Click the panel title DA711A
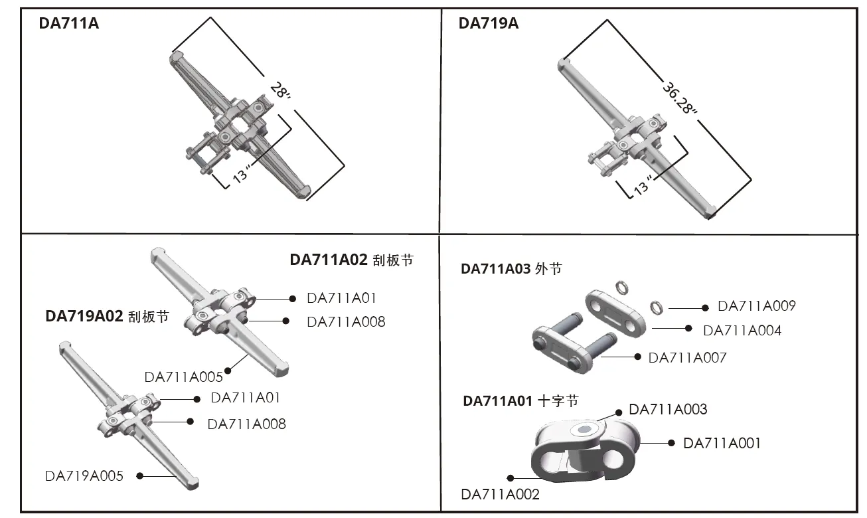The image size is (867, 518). pos(69,24)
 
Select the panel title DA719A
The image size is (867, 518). pos(489,24)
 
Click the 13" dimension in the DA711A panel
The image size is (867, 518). pos(240,173)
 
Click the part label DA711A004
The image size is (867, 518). pos(742,331)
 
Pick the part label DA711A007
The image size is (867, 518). pos(687,358)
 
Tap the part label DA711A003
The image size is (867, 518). pos(668,409)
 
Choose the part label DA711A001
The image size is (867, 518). pos(722,443)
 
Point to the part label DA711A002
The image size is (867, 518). pos(500,494)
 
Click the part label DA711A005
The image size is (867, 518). pos(183,377)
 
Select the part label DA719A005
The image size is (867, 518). pos(84,475)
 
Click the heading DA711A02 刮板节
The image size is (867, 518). pos(351,260)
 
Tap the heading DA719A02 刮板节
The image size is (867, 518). pos(107,316)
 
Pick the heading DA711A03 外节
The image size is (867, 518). pos(511,269)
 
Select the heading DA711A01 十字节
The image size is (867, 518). pos(520,401)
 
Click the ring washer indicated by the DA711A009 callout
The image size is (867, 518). pos(657,307)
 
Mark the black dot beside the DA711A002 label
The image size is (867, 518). pos(511,477)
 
